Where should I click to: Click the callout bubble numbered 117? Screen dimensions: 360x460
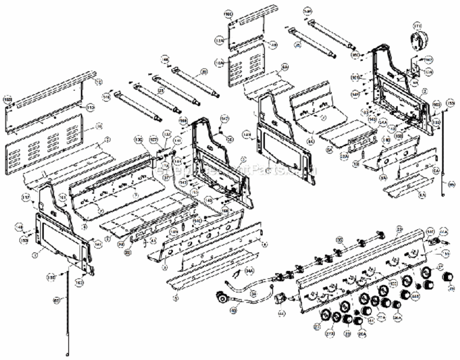pyautogui.click(x=26, y=197)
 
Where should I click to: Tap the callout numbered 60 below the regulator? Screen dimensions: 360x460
pyautogui.click(x=234, y=311)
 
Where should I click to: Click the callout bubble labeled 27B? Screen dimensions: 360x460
pyautogui.click(x=330, y=332)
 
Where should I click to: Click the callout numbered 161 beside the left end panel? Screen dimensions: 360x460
pyautogui.click(x=62, y=197)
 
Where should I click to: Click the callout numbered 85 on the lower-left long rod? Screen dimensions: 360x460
pyautogui.click(x=56, y=300)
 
